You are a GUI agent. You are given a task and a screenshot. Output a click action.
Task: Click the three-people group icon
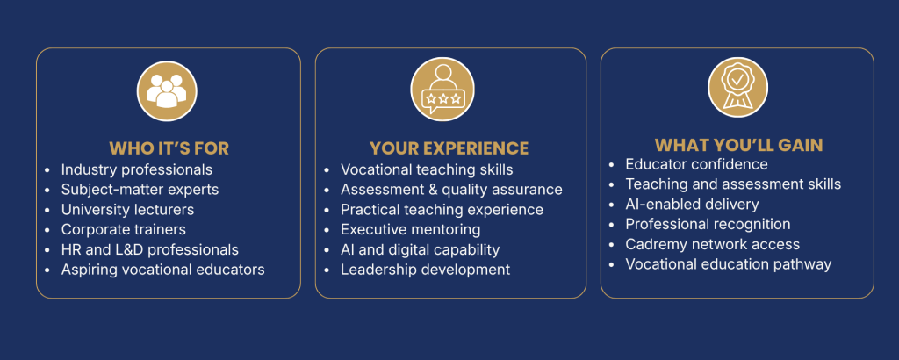click(x=167, y=91)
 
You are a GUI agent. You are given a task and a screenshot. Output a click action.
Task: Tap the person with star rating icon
click(x=442, y=91)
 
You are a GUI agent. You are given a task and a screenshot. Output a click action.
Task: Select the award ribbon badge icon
click(x=737, y=88)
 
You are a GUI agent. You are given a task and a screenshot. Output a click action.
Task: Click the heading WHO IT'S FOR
click(x=169, y=148)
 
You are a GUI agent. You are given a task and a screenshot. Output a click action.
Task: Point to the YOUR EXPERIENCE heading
click(x=449, y=148)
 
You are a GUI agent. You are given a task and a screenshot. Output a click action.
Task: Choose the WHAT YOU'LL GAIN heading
click(x=739, y=145)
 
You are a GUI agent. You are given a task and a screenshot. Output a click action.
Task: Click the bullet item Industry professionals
click(x=137, y=170)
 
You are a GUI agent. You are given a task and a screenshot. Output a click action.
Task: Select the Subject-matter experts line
click(x=140, y=189)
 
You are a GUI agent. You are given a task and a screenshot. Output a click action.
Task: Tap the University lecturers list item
click(x=128, y=209)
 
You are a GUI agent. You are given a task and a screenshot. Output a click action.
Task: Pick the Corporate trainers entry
click(x=124, y=229)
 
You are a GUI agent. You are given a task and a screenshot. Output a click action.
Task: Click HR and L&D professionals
click(x=150, y=250)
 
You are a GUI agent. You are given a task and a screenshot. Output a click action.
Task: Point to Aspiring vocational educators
click(x=162, y=270)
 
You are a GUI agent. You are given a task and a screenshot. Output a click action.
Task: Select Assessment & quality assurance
click(x=452, y=190)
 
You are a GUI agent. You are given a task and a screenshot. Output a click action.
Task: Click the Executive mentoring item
click(x=411, y=230)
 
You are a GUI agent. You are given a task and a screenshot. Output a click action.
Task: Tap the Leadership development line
click(x=426, y=270)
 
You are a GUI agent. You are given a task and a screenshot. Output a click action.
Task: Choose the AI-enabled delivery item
click(x=692, y=204)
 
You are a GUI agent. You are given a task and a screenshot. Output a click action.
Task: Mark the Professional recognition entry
click(x=708, y=224)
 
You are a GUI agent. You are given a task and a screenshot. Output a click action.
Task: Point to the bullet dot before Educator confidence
click(x=612, y=164)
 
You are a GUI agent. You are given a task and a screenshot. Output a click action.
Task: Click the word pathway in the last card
click(x=802, y=264)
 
